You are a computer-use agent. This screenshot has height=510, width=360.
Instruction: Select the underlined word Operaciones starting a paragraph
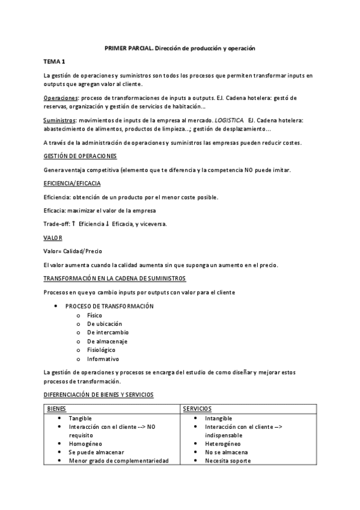pos(61,97)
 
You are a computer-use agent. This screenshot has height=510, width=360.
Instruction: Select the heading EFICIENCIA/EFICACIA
pos(72,183)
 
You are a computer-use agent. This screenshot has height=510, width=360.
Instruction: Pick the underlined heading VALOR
pos(53,238)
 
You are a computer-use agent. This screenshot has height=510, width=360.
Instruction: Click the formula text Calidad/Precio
pos(82,251)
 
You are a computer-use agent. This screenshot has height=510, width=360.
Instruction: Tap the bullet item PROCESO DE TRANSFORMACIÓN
pos(109,306)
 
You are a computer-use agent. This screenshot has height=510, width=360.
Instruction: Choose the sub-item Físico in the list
pos(94,315)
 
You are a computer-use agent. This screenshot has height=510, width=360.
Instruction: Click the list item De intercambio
pos(108,332)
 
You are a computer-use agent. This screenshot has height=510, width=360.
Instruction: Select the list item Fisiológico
pos(101,349)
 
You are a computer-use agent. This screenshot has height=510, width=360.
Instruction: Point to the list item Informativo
pos(102,358)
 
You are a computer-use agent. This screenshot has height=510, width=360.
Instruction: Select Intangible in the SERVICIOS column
pos(218,418)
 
